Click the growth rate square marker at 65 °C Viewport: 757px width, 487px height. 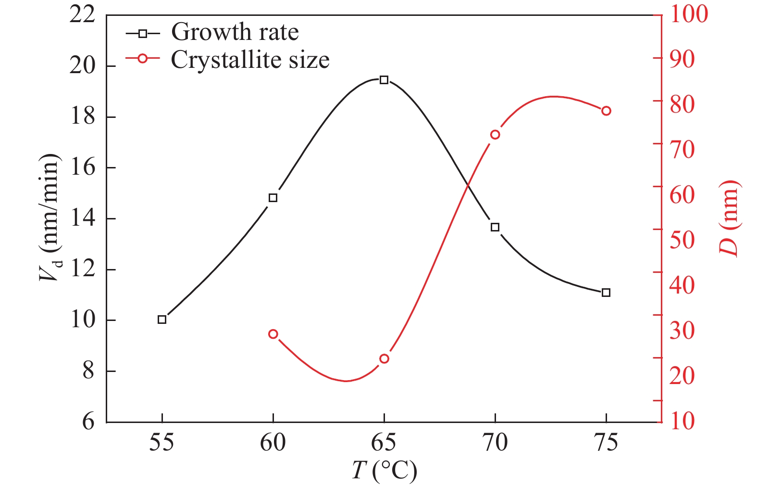(384, 80)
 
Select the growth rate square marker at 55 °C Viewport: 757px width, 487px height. (162, 320)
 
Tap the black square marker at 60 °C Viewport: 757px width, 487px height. (273, 198)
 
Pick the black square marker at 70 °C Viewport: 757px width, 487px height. (495, 227)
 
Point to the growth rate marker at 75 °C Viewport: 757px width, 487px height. (606, 293)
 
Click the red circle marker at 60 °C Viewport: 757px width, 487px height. (273, 334)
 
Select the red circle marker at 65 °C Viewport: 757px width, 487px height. (384, 359)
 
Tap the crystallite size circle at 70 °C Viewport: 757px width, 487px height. (495, 135)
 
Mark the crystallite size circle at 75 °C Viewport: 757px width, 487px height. (606, 111)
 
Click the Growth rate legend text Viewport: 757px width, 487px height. (235, 32)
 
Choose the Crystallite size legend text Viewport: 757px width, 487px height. (250, 60)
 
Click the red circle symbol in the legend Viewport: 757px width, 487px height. (142, 58)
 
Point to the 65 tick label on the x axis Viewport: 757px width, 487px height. (384, 442)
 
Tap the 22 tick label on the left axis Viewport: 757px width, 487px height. (82, 15)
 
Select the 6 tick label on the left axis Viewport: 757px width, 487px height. (88, 422)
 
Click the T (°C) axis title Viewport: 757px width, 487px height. (384, 471)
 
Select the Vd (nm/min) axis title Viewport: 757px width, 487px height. (50, 218)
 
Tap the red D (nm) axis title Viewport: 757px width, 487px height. (728, 218)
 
